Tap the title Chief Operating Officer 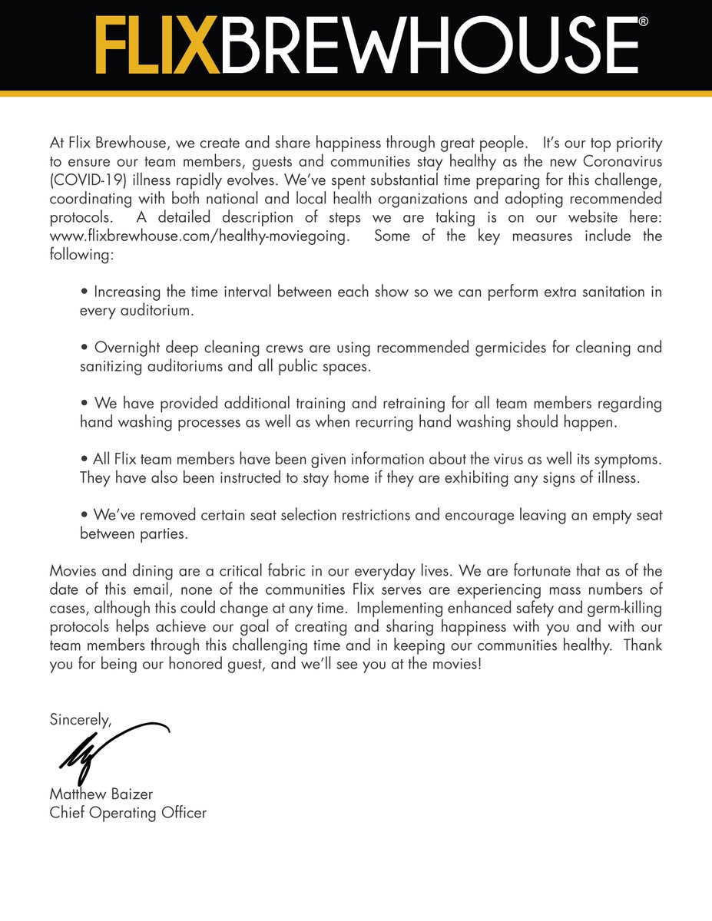point(127,812)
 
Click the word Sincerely point(80,720)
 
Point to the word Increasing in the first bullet point(129,292)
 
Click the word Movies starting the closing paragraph point(74,571)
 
